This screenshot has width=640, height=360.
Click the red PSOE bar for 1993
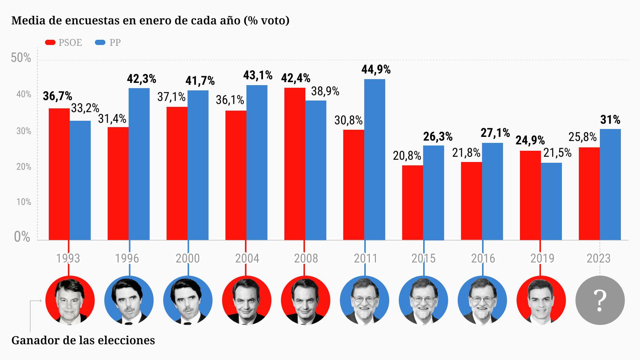pos(59,174)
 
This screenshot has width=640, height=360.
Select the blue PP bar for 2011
pos(374,159)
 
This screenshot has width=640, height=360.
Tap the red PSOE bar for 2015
pos(412,202)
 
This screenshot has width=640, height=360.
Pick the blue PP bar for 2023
pos(610,184)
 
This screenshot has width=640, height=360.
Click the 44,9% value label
pos(376,70)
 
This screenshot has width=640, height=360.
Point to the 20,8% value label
pos(407,155)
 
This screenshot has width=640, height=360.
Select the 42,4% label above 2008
pos(296,78)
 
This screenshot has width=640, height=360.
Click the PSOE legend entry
pos(64,42)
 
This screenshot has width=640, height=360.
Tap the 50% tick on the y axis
pos(21,58)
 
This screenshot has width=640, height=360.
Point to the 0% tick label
pos(22,237)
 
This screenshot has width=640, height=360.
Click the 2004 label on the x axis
pos(247,258)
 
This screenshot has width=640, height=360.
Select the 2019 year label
pos(542,258)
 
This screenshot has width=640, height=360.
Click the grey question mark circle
pos(600,300)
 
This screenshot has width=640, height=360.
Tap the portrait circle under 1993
pos(70,300)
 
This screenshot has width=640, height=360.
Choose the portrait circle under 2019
pos(541,300)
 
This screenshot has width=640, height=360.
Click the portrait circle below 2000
pos(188,300)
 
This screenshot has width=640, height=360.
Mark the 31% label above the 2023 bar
pos(610,120)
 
